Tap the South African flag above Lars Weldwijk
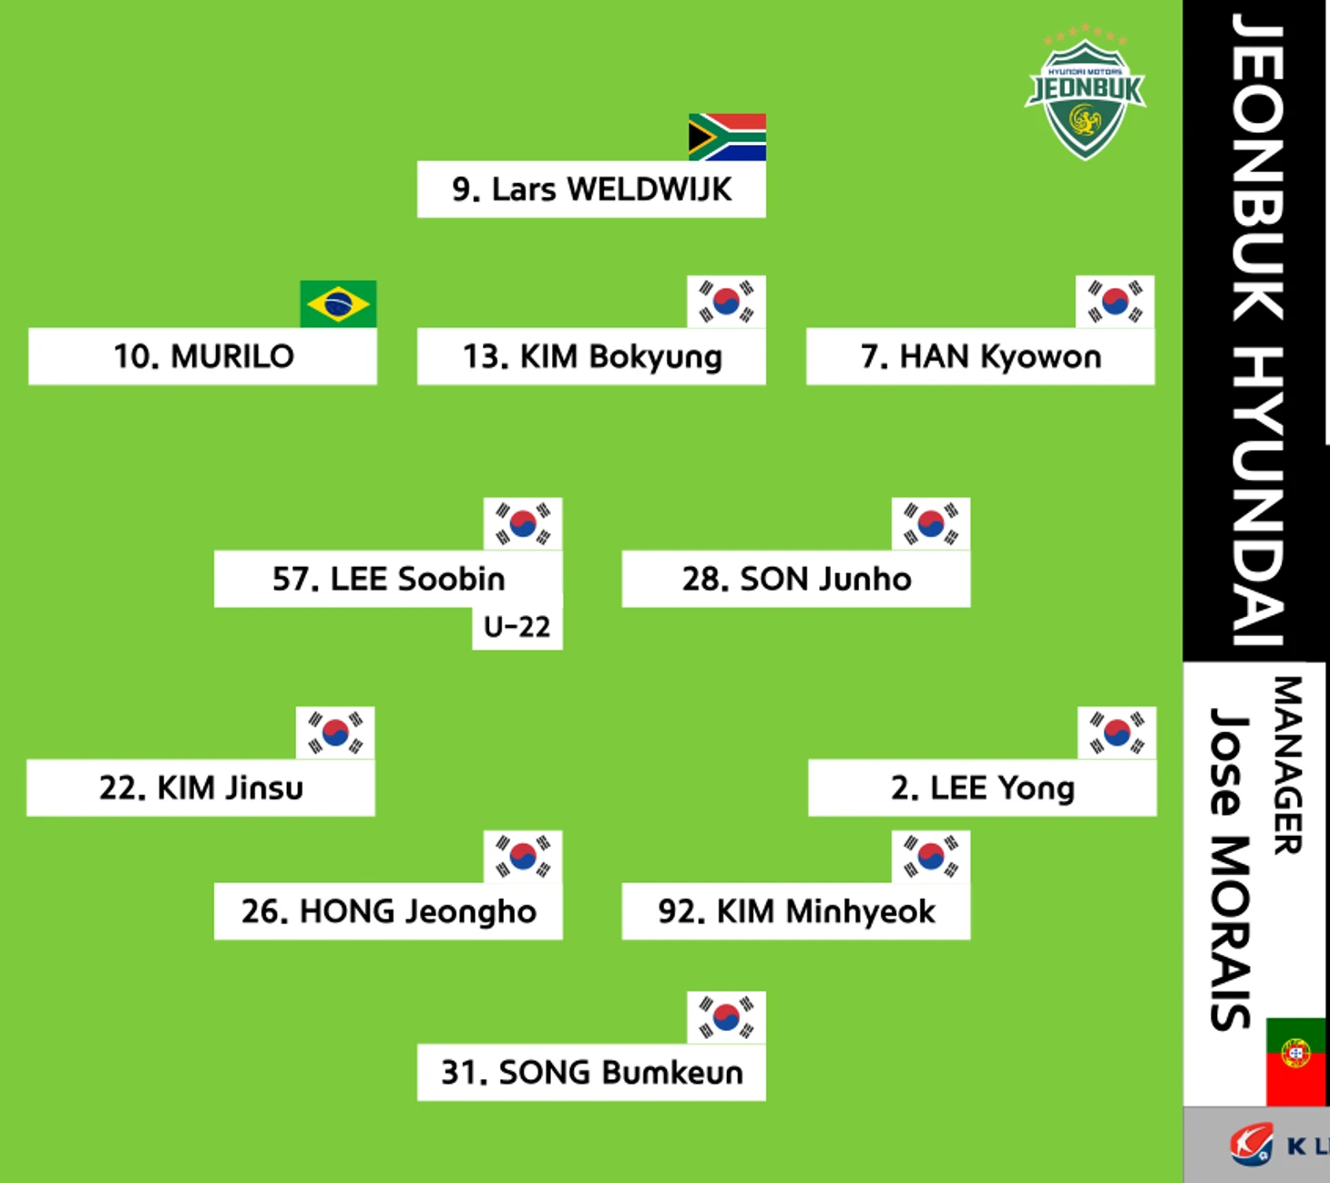pos(727,138)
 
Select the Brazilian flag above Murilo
pos(338,304)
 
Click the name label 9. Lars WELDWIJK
pos(591,190)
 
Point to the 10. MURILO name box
pos(203,356)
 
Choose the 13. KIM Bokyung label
pos(591,356)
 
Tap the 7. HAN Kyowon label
pos(980,356)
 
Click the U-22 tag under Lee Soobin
pos(517,628)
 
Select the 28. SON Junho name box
pos(796,579)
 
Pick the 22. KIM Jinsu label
pos(201,787)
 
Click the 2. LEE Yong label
pos(983,787)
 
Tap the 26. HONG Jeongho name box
pos(388,911)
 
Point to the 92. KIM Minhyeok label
pos(796,911)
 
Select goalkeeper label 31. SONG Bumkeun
pos(591,1072)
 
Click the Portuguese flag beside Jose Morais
pos(1296,1062)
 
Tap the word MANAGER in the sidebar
pos(1288,766)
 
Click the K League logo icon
pos(1252,1144)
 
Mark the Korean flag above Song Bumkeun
pos(726,1017)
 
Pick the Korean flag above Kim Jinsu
pos(335,733)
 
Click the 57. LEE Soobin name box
pos(388,579)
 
